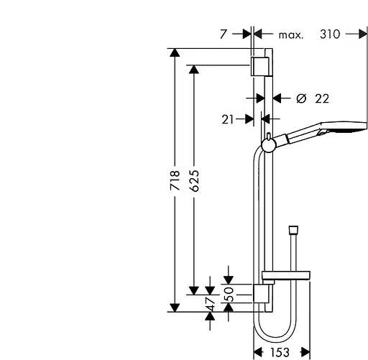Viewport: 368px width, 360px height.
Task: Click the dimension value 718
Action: click(x=174, y=180)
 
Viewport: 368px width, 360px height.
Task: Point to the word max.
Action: click(x=290, y=34)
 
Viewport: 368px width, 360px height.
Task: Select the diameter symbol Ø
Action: click(x=301, y=98)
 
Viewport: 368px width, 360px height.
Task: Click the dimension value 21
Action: click(x=228, y=120)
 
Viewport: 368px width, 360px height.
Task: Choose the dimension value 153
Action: click(x=282, y=351)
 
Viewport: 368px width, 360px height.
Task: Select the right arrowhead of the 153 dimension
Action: click(x=305, y=351)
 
